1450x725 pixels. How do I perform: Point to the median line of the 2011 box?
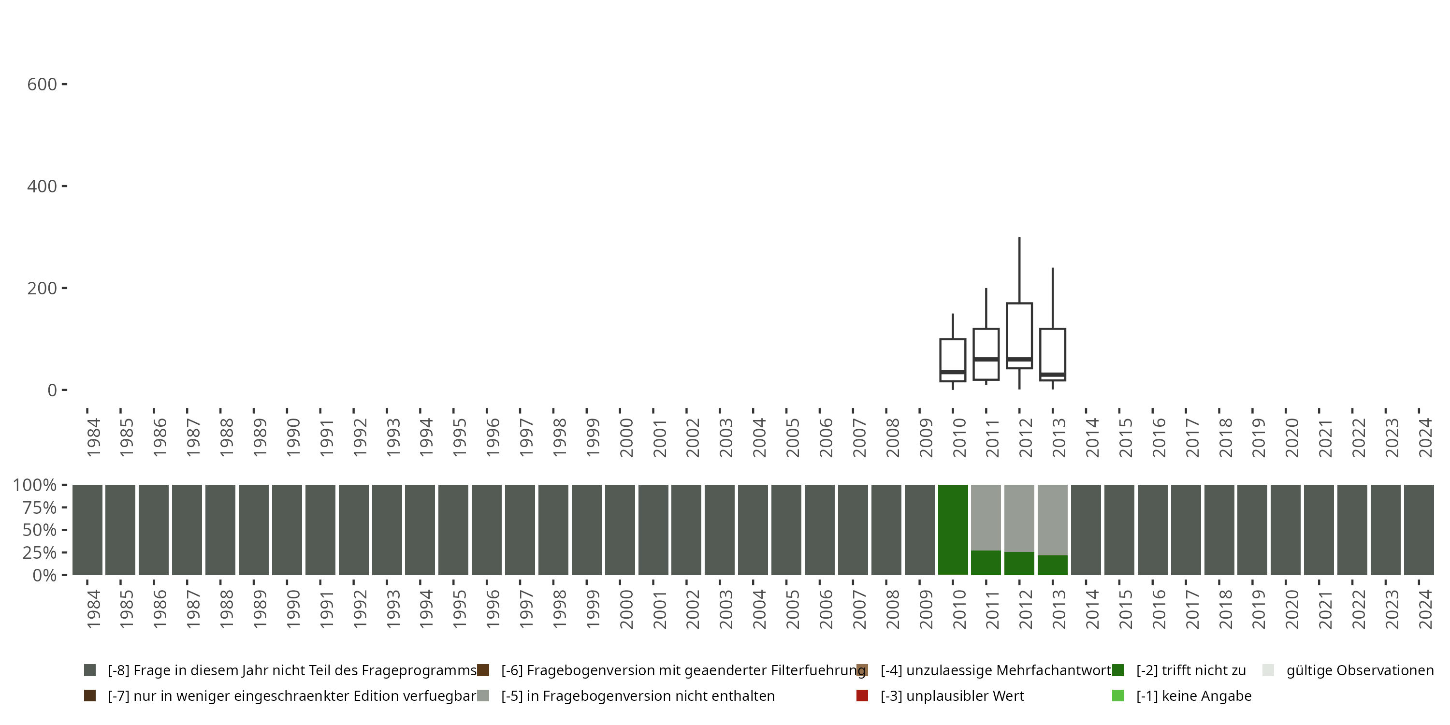click(x=986, y=359)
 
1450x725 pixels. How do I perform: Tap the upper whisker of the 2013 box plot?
click(x=1053, y=298)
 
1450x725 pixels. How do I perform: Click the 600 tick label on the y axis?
click(x=42, y=85)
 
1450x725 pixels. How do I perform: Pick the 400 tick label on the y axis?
click(x=42, y=186)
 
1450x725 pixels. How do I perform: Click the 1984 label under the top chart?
click(x=93, y=437)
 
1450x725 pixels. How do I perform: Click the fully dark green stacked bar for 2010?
click(x=952, y=529)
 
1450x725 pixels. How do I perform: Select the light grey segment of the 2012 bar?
click(x=1019, y=518)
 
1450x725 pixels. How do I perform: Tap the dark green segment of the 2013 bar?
click(x=1053, y=565)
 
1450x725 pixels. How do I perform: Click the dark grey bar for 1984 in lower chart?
click(x=87, y=529)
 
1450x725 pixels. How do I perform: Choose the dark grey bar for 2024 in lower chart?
click(x=1419, y=529)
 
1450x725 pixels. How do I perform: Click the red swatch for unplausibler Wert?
click(x=862, y=696)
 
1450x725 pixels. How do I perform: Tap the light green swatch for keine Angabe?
click(x=1118, y=696)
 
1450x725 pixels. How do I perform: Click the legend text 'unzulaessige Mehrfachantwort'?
click(x=996, y=670)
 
